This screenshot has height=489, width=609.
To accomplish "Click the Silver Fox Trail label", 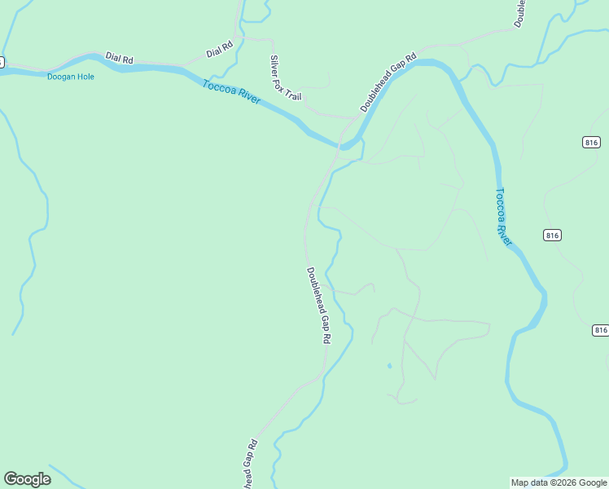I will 285,78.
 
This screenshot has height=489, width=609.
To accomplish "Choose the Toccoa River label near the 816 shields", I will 504,218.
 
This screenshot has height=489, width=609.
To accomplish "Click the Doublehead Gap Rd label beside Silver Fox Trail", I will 388,83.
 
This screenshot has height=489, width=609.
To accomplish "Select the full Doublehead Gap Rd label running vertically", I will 318,305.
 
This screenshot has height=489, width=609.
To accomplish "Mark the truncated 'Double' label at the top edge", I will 519,13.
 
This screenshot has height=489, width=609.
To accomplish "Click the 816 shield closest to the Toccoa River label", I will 551,235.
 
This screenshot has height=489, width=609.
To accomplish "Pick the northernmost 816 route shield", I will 592,142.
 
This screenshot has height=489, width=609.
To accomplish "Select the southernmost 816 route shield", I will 601,330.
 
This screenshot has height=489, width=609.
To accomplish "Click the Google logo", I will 27,479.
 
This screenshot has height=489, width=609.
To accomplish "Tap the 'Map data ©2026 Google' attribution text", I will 559,482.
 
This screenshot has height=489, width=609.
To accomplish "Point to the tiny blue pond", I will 389,365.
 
